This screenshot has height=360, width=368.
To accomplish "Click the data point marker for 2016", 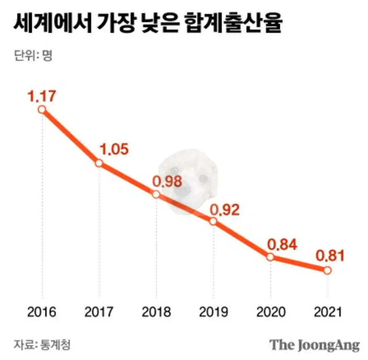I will [x=41, y=109].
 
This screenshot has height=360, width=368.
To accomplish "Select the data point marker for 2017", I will [x=99, y=163].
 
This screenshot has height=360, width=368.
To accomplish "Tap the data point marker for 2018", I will [x=156, y=194].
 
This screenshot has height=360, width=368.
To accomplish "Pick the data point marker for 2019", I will [x=213, y=221].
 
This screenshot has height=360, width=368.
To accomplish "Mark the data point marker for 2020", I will [x=270, y=257].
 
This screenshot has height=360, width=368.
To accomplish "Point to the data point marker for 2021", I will [x=327, y=270].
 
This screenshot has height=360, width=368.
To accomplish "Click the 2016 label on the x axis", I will [x=41, y=312].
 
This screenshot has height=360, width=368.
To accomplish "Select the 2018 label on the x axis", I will [x=156, y=312].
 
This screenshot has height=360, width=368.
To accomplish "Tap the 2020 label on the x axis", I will [x=270, y=312].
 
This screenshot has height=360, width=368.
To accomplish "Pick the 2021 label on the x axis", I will [x=327, y=312].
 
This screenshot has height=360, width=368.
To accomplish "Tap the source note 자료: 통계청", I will [x=41, y=344].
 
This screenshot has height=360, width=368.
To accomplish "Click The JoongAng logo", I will [x=314, y=344].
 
